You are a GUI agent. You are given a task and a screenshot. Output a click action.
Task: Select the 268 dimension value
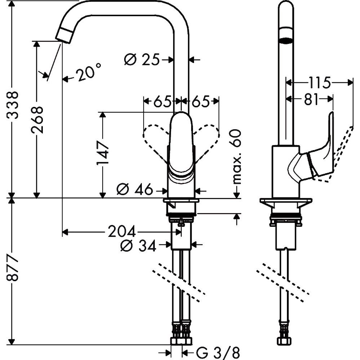click(37, 120)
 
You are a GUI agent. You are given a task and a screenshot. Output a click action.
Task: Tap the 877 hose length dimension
click(13, 269)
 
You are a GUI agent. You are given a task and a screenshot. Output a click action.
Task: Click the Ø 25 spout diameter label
click(141, 59)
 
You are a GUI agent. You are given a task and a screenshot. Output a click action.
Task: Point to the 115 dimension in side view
click(319, 83)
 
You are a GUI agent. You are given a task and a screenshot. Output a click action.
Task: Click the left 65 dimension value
click(162, 102)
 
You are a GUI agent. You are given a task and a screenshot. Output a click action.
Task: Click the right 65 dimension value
click(201, 102)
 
